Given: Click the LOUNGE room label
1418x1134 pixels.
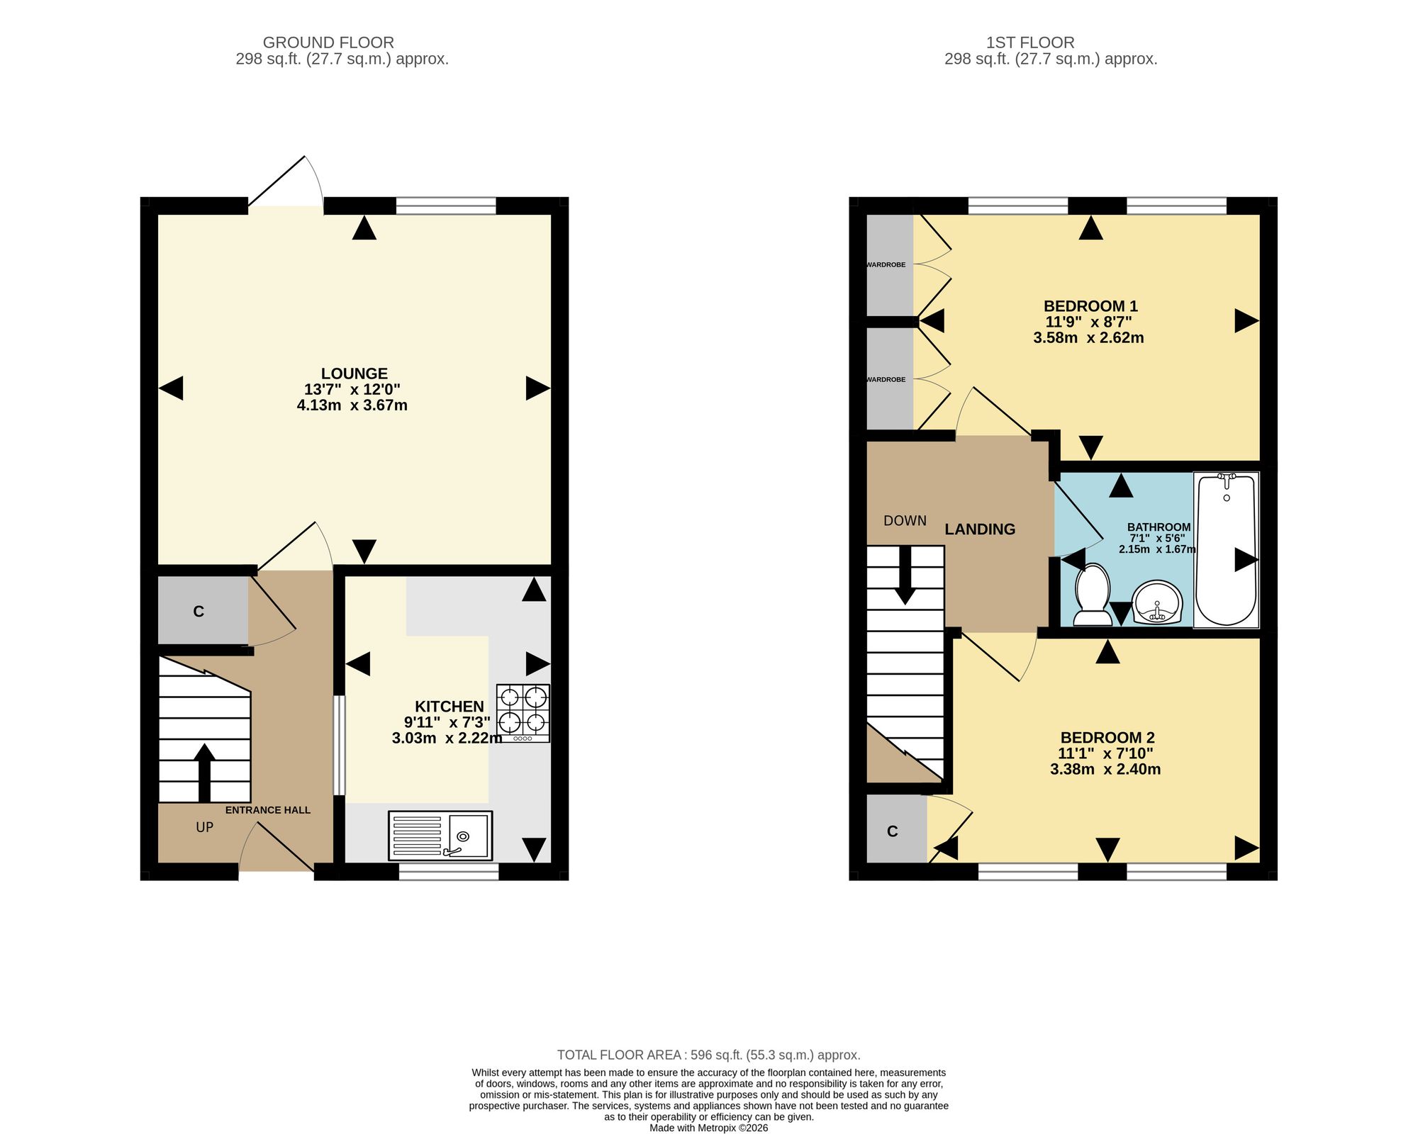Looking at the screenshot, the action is [x=354, y=374].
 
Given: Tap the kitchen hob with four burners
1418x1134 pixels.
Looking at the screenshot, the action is [x=523, y=713].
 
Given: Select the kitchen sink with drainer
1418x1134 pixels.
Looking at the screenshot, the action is [x=440, y=836].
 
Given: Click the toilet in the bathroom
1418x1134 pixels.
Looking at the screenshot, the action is [x=1093, y=595].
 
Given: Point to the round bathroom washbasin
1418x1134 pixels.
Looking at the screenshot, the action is [x=1157, y=602].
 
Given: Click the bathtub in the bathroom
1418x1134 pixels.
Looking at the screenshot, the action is [x=1226, y=550].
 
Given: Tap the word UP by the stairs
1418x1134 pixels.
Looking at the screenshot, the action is [x=204, y=827].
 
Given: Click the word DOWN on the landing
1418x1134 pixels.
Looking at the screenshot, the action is [x=905, y=521].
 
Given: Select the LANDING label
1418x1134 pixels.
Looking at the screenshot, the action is [x=980, y=529].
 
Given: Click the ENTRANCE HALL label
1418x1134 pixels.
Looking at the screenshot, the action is [x=268, y=810].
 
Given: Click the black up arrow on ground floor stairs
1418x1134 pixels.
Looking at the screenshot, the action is [x=204, y=773].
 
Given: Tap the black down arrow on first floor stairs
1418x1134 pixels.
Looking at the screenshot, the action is [x=905, y=576].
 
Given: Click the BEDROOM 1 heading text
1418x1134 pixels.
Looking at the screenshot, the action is [x=1090, y=306].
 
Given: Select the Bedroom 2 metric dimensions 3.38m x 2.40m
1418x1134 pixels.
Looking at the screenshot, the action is [x=1105, y=769].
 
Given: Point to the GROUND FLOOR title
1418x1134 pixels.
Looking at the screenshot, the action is [x=328, y=43].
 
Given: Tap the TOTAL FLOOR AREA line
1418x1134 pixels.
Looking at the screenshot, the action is [x=709, y=1055].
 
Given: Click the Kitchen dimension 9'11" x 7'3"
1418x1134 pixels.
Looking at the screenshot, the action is [x=447, y=722].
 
